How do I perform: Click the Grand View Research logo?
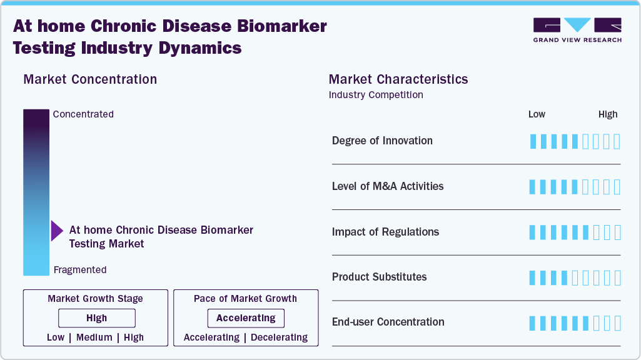coord(577,29)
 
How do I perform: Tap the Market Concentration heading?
coord(90,79)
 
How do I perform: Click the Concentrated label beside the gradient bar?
coord(83,114)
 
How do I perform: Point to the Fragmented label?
coord(80,270)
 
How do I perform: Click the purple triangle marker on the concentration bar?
coord(56,231)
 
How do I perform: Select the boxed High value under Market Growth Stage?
coord(97,318)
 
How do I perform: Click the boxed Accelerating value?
coord(246,318)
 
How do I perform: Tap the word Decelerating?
coord(279,337)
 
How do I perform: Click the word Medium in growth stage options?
coord(94,337)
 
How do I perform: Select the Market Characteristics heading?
coord(398,79)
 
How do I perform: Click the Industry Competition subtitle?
coord(376,95)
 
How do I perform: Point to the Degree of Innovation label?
coord(382,141)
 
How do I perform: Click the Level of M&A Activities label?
coord(388,186)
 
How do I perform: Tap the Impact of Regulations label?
coord(385,232)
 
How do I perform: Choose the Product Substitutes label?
coord(379,277)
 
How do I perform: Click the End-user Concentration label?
coord(388,322)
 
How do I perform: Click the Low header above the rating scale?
coord(537,114)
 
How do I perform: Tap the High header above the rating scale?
coord(608,114)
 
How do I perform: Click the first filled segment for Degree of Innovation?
coord(533,141)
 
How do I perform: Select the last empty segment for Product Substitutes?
coord(617,277)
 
